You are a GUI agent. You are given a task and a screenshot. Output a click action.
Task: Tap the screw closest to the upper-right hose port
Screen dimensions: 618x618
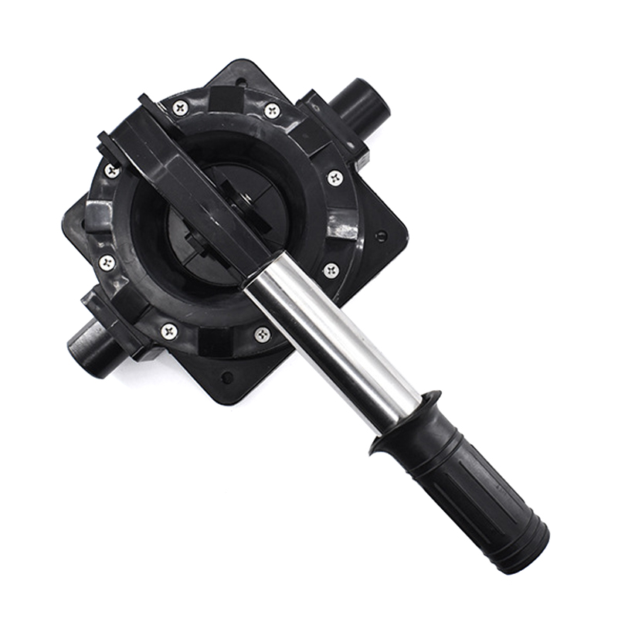[x=272, y=110]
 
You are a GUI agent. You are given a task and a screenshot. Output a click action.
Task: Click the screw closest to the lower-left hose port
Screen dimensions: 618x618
[x=169, y=332]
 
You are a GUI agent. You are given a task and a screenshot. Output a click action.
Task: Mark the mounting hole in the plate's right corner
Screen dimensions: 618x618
[x=380, y=236]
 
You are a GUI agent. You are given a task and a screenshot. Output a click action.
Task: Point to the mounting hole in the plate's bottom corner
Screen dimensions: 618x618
[x=226, y=378]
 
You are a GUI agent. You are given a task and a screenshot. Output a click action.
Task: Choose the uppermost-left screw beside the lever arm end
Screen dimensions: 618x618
[x=181, y=107]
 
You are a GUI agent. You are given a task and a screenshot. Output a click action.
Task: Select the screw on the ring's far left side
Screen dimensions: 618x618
[x=107, y=263]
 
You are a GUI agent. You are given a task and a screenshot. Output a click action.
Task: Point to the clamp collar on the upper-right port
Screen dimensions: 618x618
[x=328, y=124]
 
